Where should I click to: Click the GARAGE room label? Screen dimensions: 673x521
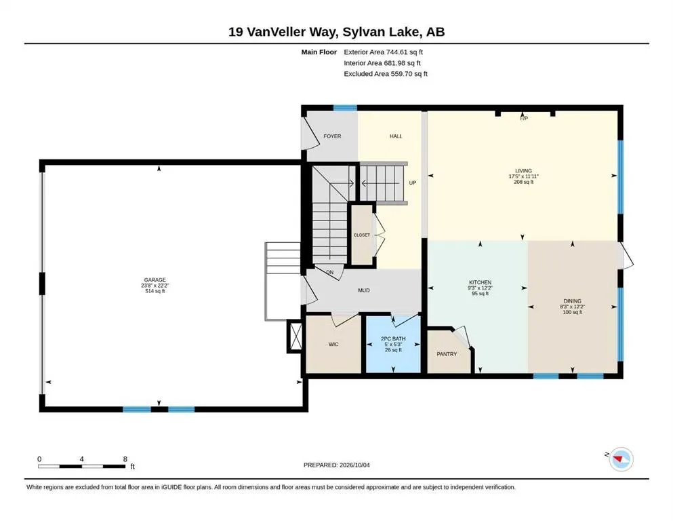pos(155,279)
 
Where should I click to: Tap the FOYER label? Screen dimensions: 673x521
pos(332,136)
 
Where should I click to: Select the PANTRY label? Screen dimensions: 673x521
pos(447,354)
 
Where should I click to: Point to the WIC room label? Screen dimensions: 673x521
pos(333,344)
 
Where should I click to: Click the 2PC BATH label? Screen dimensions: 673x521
pos(393,339)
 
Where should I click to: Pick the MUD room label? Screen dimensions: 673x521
pos(364,290)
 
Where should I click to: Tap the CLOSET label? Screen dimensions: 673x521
pos(362,235)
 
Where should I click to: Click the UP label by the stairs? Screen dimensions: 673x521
pos(413,182)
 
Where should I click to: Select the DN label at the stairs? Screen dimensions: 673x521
pos(329,272)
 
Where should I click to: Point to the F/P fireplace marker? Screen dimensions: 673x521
pos(524,118)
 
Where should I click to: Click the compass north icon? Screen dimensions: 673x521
pos(621,459)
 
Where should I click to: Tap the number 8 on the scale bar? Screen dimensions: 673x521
pos(125,459)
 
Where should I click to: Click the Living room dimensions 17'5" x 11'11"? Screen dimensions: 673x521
pos(523,176)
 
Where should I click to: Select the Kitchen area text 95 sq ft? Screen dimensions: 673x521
pos(480,294)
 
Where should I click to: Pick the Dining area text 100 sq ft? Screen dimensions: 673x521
pos(572,312)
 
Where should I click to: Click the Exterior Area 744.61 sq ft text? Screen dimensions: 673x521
pos(384,52)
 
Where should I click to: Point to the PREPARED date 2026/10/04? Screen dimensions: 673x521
pos(354,465)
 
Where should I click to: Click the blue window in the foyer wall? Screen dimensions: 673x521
pos(345,108)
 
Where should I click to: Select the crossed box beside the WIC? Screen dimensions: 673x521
pos(295,336)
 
